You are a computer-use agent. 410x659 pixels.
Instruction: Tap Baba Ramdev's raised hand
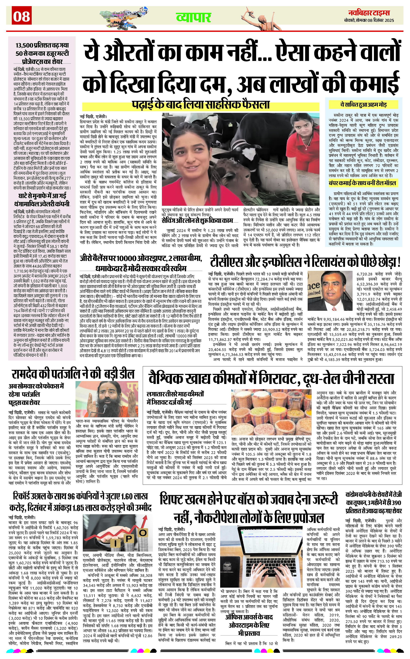[x=134, y=405]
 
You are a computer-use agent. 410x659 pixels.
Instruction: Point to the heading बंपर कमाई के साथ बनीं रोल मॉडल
[x=362, y=183]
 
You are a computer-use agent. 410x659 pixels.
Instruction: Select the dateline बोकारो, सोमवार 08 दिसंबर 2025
[x=369, y=20]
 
